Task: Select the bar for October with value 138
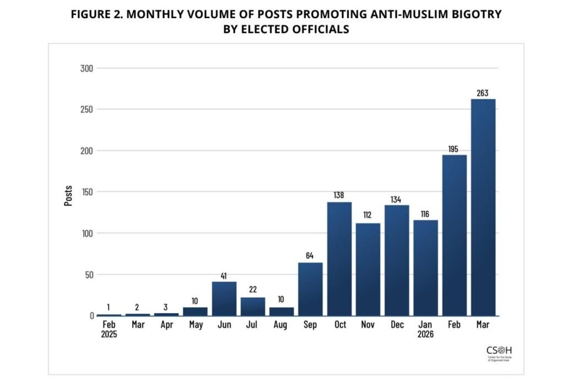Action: [339, 259]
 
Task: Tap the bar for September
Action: [311, 289]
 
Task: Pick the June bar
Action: [224, 298]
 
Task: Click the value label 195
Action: [454, 149]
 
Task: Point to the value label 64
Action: [311, 257]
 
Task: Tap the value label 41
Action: [224, 276]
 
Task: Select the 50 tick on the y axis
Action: [88, 275]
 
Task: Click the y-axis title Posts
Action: [68, 195]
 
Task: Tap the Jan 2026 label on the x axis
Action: [426, 329]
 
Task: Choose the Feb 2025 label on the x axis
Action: [109, 329]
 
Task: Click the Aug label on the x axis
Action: [281, 325]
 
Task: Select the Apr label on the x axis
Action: [166, 325]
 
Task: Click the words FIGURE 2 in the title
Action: [97, 14]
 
